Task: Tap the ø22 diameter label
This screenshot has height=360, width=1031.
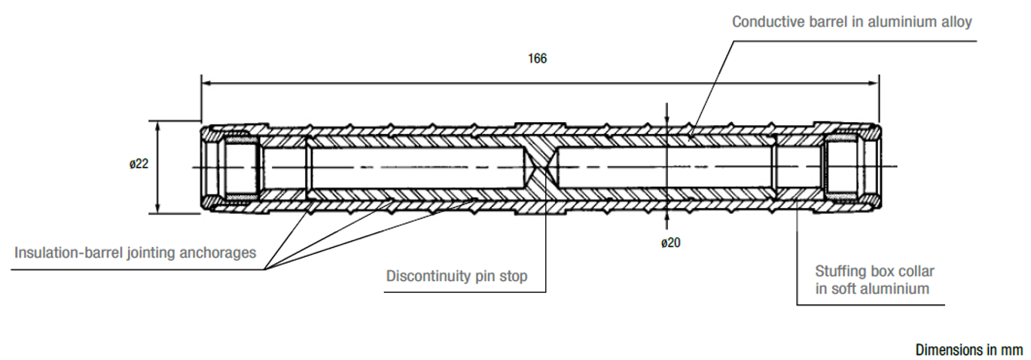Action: pyautogui.click(x=138, y=163)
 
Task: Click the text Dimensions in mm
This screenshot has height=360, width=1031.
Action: pyautogui.click(x=969, y=350)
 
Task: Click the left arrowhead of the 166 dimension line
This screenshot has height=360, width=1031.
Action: pyautogui.click(x=205, y=82)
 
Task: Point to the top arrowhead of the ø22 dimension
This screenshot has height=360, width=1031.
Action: pyautogui.click(x=157, y=125)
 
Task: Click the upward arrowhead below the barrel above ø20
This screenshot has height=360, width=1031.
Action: pyautogui.click(x=666, y=218)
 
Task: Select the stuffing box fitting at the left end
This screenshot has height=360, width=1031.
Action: pyautogui.click(x=236, y=166)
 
